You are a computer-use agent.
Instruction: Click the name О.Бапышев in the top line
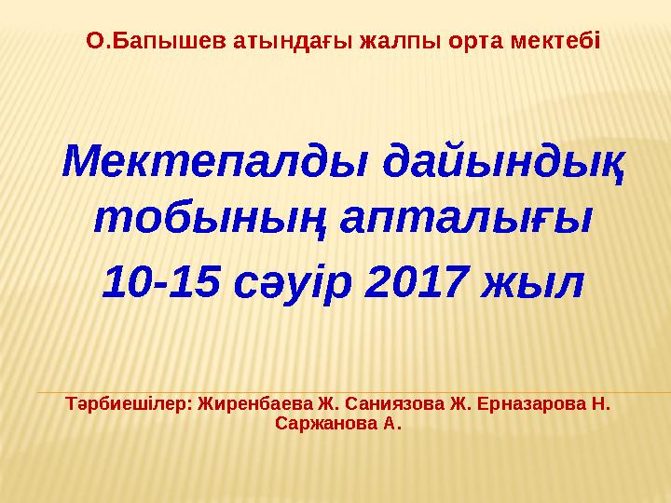(x=157, y=42)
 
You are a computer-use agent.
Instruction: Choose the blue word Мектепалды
(x=214, y=162)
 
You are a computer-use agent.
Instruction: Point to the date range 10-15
(x=161, y=282)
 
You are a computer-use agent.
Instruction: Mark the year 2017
(x=415, y=282)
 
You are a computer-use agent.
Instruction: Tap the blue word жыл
(x=532, y=284)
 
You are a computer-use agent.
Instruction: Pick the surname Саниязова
(x=394, y=403)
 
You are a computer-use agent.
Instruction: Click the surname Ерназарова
(x=530, y=403)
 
